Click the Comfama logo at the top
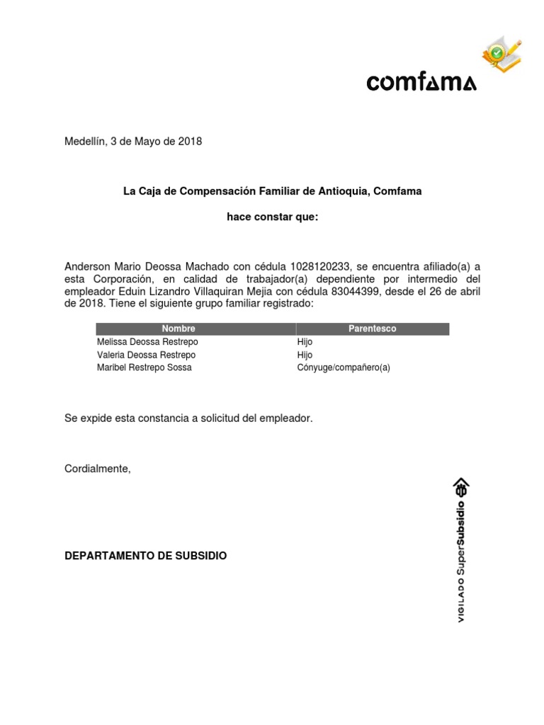click(x=421, y=83)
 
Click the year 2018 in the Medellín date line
click(x=189, y=142)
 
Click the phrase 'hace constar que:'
click(x=272, y=217)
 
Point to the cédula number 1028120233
click(x=320, y=267)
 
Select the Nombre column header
click(x=178, y=329)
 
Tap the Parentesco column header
click(x=372, y=329)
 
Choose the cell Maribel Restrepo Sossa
click(x=144, y=367)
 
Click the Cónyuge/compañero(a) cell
click(x=344, y=367)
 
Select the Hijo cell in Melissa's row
click(x=305, y=342)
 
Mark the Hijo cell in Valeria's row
click(x=305, y=355)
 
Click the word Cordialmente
click(x=98, y=469)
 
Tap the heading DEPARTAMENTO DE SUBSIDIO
click(x=146, y=556)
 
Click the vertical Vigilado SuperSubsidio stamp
click(x=461, y=549)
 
